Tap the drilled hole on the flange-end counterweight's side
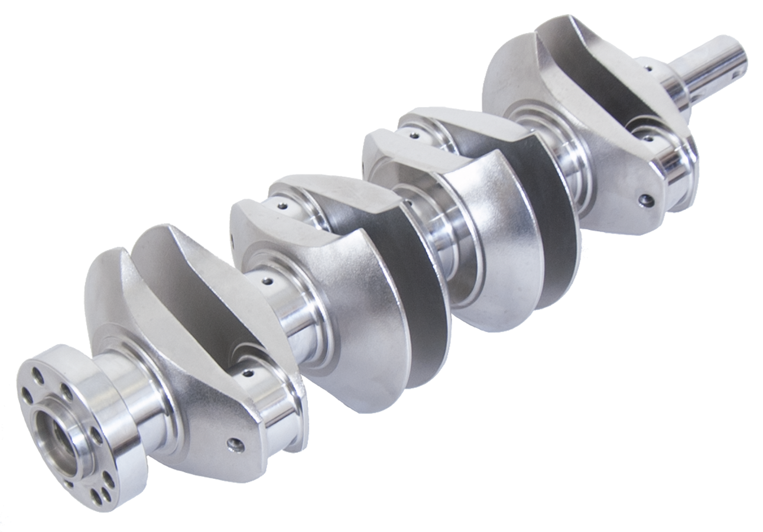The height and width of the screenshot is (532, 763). [236, 443]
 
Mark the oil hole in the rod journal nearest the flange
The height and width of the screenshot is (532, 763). [248, 373]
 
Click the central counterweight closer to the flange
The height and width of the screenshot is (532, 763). [366, 307]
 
